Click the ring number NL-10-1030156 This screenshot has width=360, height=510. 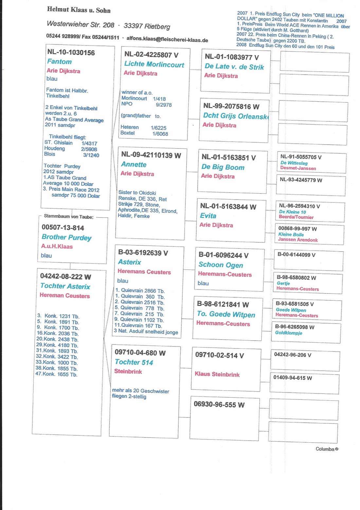point(71,52)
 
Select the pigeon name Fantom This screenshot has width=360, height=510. point(59,62)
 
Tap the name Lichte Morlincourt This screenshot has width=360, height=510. point(154,64)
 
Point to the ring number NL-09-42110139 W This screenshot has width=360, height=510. point(151,155)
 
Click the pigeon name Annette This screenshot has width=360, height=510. point(134,164)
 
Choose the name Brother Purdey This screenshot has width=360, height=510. point(66,237)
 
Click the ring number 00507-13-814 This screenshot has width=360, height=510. point(63,228)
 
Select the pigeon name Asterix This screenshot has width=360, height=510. point(130,262)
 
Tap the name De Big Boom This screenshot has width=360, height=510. point(223,167)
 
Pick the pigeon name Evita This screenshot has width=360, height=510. point(208,216)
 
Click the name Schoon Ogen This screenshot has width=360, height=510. point(221,265)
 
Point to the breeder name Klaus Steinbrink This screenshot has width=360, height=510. point(217,374)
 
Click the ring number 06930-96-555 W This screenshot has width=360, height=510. point(219,405)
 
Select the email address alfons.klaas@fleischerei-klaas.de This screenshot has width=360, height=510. point(167,39)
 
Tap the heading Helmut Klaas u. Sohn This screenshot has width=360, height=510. point(79,10)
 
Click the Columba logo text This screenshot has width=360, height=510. point(327,449)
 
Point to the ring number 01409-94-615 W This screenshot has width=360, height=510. point(293,378)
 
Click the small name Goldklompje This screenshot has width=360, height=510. point(288,333)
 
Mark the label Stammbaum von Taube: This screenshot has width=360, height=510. point(68,217)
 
